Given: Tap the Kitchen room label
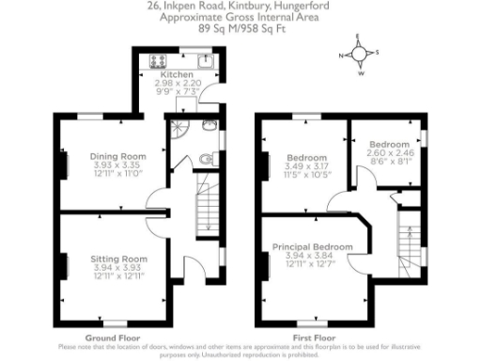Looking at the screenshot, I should coord(176,75).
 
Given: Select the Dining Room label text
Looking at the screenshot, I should coord(118,155).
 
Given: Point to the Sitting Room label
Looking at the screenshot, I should coord(118,258).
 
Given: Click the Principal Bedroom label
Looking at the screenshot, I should coord(313,246).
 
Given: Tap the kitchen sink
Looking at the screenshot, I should coord(206,63).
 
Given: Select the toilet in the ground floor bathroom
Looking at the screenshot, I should coord(207,160).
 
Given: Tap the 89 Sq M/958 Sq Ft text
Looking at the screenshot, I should coord(229,29).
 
